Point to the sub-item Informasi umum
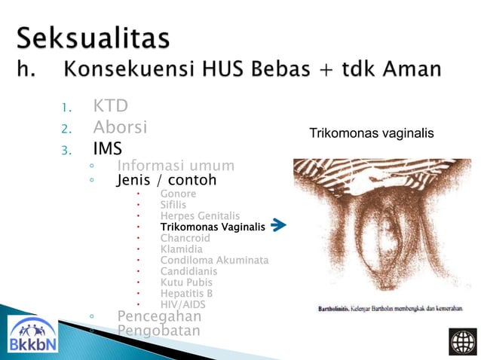[x=176, y=166]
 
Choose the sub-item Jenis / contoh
[x=166, y=181]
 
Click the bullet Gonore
[x=178, y=194]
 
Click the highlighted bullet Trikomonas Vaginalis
[x=213, y=227]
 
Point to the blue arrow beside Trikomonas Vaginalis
[x=278, y=225]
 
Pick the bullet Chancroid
[x=184, y=238]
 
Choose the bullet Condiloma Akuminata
[x=214, y=261]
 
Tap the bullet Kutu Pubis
[x=186, y=282]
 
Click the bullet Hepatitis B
[x=186, y=294]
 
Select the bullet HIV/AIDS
[x=183, y=304]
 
